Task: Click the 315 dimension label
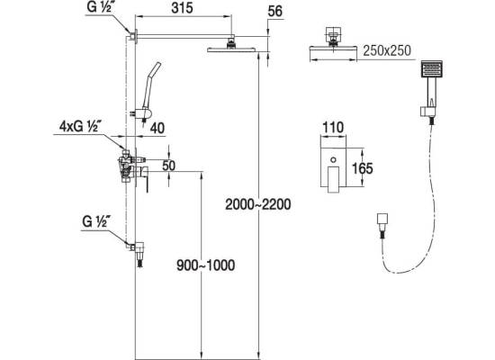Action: tap(182, 8)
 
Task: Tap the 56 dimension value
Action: tap(274, 12)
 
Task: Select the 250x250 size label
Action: tap(387, 50)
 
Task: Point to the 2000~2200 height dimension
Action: tap(258, 204)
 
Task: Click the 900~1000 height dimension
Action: tap(205, 265)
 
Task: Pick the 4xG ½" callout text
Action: tap(80, 126)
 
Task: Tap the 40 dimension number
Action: tap(157, 128)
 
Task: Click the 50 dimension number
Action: tap(168, 166)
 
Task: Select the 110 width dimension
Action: tap(333, 128)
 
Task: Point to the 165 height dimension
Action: tap(363, 168)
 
